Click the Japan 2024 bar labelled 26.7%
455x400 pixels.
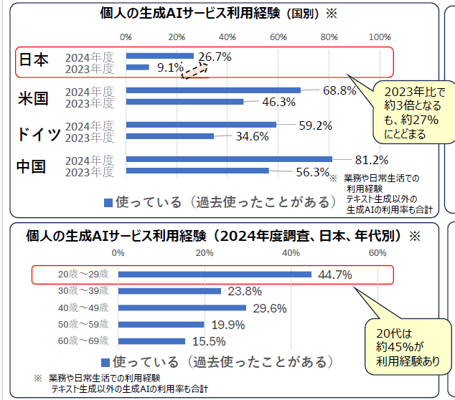159,56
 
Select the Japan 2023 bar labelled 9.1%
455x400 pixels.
138,67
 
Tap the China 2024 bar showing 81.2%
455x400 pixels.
228,159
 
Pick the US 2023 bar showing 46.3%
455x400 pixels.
184,102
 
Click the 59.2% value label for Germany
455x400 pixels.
315,125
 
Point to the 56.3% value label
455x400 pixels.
312,172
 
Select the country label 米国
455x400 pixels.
32,98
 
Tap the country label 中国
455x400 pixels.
32,166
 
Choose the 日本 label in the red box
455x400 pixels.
33,60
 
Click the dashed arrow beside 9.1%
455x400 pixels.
193,70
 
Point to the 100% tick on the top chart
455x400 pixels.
380,37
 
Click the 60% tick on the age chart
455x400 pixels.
377,253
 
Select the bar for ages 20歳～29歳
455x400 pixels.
215,274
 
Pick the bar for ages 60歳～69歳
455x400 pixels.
151,341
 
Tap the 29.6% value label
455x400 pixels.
270,308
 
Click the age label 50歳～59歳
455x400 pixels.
83,325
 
